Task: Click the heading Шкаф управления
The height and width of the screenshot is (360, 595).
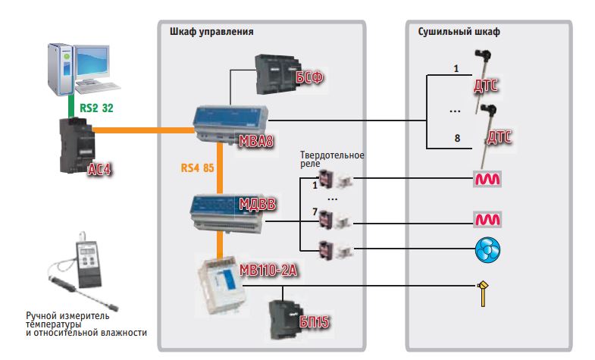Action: coord(209,32)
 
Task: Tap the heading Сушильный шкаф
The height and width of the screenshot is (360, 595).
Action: coord(459,32)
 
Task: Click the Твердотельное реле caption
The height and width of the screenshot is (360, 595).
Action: coord(332,159)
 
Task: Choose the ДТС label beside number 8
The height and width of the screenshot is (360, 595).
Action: coord(498,139)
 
